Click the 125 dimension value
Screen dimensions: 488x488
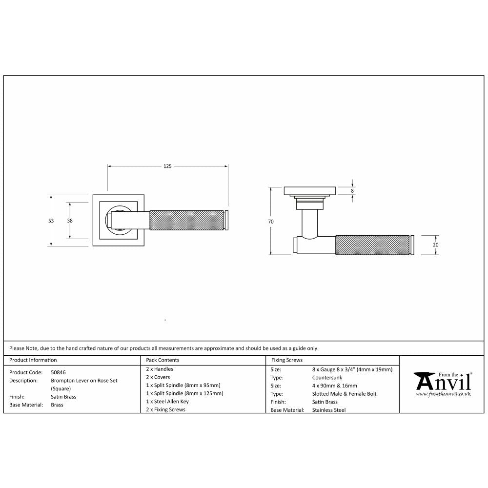[167, 166]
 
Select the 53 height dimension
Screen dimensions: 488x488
[51, 221]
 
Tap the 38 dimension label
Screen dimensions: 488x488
[70, 221]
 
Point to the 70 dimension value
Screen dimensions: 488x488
[271, 222]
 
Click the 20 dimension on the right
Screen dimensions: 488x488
[435, 244]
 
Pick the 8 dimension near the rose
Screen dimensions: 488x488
[352, 191]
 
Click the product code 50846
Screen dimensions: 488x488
[58, 372]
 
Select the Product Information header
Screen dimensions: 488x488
[33, 360]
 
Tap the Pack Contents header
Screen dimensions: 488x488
[163, 360]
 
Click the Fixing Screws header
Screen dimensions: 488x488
[286, 360]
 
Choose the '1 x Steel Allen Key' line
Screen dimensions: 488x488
[167, 402]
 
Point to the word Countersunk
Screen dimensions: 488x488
[327, 378]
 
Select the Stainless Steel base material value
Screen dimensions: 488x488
[328, 410]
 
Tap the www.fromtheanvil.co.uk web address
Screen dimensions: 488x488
[443, 393]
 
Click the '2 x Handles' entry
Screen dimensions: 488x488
[160, 369]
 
